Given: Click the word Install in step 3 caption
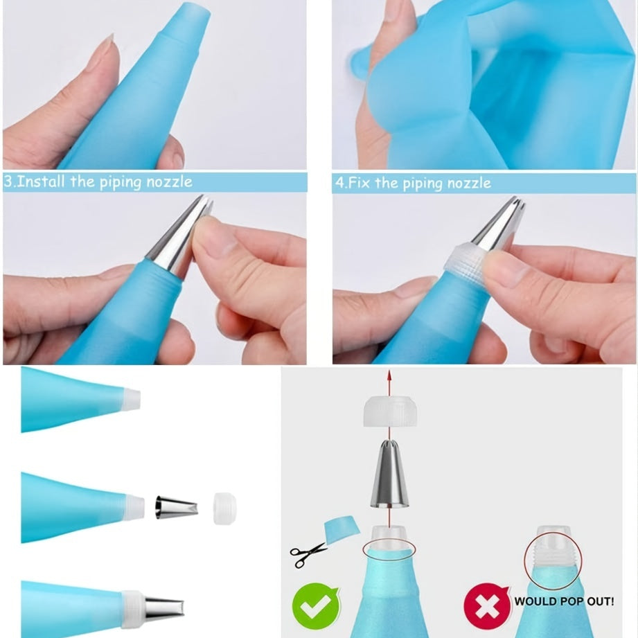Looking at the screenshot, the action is (x=41, y=181).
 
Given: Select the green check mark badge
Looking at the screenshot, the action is (x=316, y=606).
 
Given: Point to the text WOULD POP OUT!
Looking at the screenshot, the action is (x=564, y=601).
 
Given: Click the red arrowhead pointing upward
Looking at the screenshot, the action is (x=389, y=375).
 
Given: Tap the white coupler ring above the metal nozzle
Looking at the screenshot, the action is (x=390, y=411).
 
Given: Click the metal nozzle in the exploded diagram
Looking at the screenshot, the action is (x=389, y=474).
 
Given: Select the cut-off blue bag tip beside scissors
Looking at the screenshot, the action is (x=342, y=529).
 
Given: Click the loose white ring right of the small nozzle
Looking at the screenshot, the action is (x=224, y=508).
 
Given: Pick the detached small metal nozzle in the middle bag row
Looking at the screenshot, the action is (x=177, y=508).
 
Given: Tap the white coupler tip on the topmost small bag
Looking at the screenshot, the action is (x=132, y=399).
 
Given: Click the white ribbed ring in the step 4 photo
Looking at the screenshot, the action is (x=464, y=264).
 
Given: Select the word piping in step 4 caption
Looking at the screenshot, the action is (x=420, y=184).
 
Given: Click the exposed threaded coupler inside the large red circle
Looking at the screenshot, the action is (x=553, y=555).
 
